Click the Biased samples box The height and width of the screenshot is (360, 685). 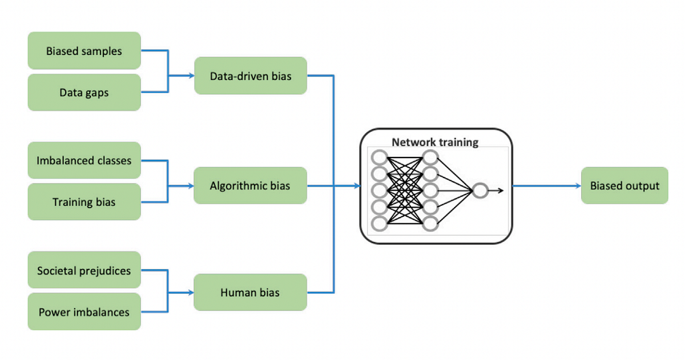click(x=84, y=50)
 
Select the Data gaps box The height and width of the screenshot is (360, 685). click(x=84, y=92)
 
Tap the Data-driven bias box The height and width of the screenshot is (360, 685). click(x=251, y=75)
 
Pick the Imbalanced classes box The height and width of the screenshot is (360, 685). click(x=84, y=160)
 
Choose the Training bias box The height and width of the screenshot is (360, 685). click(x=84, y=202)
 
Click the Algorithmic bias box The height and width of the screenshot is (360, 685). click(x=250, y=185)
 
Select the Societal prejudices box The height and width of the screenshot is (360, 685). click(x=84, y=270)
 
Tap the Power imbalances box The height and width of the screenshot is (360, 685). click(x=84, y=312)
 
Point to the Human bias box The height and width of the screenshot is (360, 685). click(x=250, y=293)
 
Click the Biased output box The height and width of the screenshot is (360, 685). click(x=624, y=185)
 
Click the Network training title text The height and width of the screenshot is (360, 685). click(x=435, y=143)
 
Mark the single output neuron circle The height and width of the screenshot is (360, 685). click(x=480, y=191)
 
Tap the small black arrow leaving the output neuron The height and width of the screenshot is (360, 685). click(x=495, y=191)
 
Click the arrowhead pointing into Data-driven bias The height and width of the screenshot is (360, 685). click(x=191, y=75)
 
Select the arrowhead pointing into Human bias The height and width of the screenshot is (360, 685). click(x=191, y=293)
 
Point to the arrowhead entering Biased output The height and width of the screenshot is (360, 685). click(x=578, y=185)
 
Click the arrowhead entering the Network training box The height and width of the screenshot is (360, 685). click(x=357, y=185)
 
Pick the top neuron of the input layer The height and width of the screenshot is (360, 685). click(x=379, y=157)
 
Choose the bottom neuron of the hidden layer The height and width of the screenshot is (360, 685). click(x=430, y=224)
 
